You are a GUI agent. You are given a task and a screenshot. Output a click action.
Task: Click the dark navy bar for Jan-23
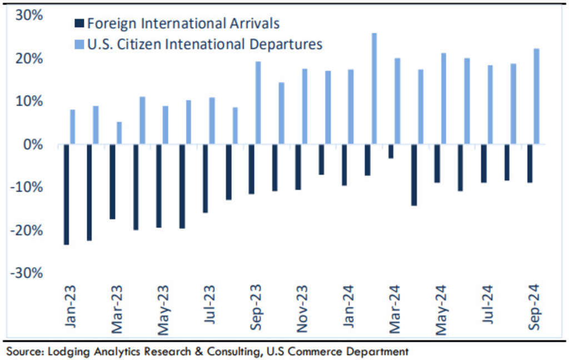click(x=67, y=194)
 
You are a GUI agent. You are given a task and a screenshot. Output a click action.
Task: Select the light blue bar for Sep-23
click(x=258, y=103)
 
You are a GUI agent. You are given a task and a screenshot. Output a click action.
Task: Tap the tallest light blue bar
click(x=374, y=89)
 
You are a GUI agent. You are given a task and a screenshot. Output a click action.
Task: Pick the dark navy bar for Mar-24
click(x=391, y=152)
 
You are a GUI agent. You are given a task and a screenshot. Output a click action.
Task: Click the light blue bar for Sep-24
click(x=536, y=97)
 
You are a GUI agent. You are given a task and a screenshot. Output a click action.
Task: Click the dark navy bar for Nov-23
click(x=298, y=167)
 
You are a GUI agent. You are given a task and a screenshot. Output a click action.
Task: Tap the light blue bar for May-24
click(x=443, y=99)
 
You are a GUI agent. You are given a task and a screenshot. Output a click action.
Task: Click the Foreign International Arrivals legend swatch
click(x=79, y=24)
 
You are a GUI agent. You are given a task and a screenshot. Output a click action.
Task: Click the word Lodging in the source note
click(x=67, y=351)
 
